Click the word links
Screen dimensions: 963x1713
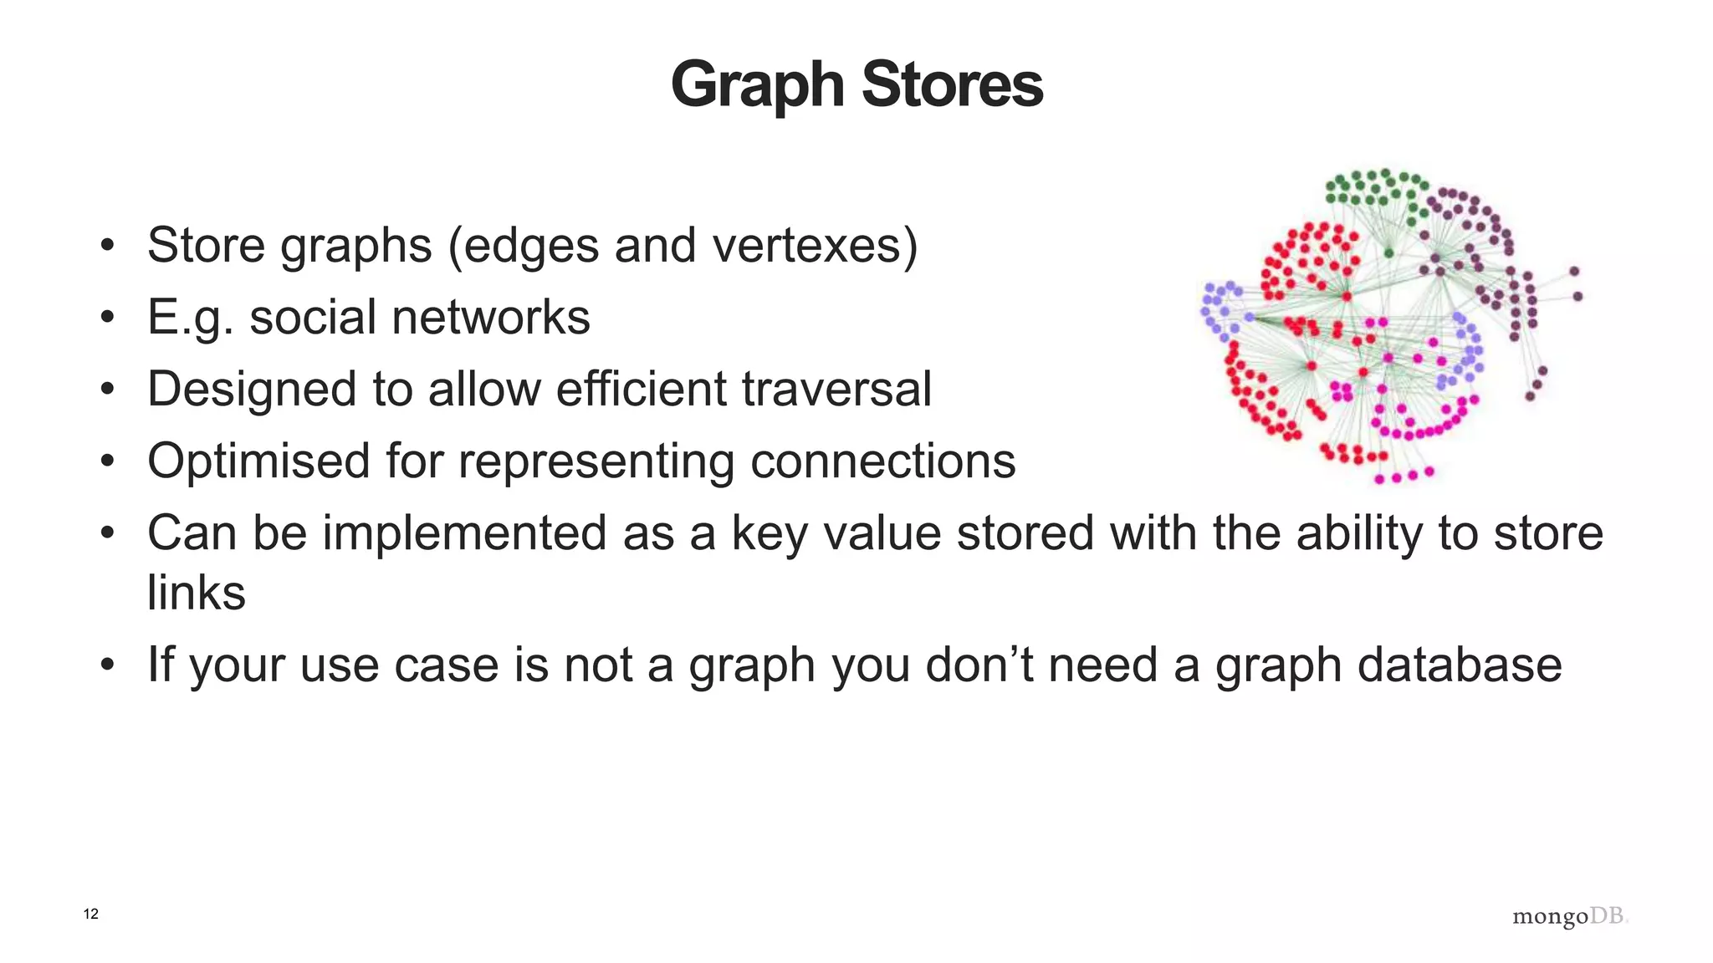coord(197,593)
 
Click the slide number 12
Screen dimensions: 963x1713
coord(91,914)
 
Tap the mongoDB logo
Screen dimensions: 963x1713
coord(1570,916)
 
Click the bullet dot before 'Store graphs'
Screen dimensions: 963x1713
coord(106,246)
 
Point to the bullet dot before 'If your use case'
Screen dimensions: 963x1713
coord(106,665)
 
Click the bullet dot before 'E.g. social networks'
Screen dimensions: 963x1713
coord(106,318)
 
